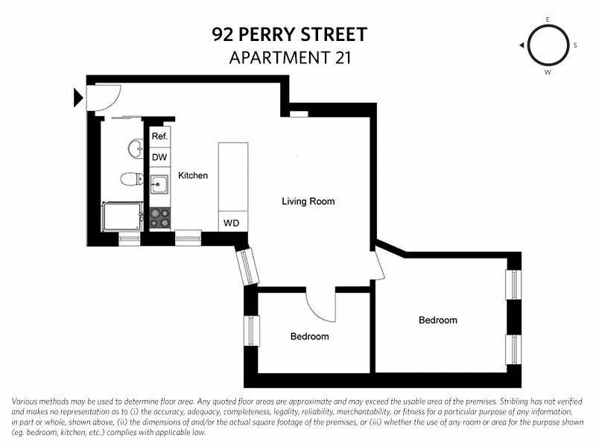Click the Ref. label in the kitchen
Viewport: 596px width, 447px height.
159,137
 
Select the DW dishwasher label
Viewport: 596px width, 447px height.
159,157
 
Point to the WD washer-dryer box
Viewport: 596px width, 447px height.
232,223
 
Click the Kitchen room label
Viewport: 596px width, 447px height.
193,176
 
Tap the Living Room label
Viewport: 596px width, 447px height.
308,201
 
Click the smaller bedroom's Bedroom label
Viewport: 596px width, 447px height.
309,337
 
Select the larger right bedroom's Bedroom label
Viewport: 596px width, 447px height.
437,320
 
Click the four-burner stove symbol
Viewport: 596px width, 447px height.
159,218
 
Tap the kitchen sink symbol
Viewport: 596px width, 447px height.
159,184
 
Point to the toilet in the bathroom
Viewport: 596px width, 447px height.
132,179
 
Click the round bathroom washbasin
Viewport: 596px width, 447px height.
136,149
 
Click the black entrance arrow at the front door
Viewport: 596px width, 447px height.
78,97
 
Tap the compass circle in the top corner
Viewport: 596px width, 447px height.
547,45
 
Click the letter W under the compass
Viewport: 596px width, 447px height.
548,72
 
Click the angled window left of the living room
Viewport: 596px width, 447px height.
247,267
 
